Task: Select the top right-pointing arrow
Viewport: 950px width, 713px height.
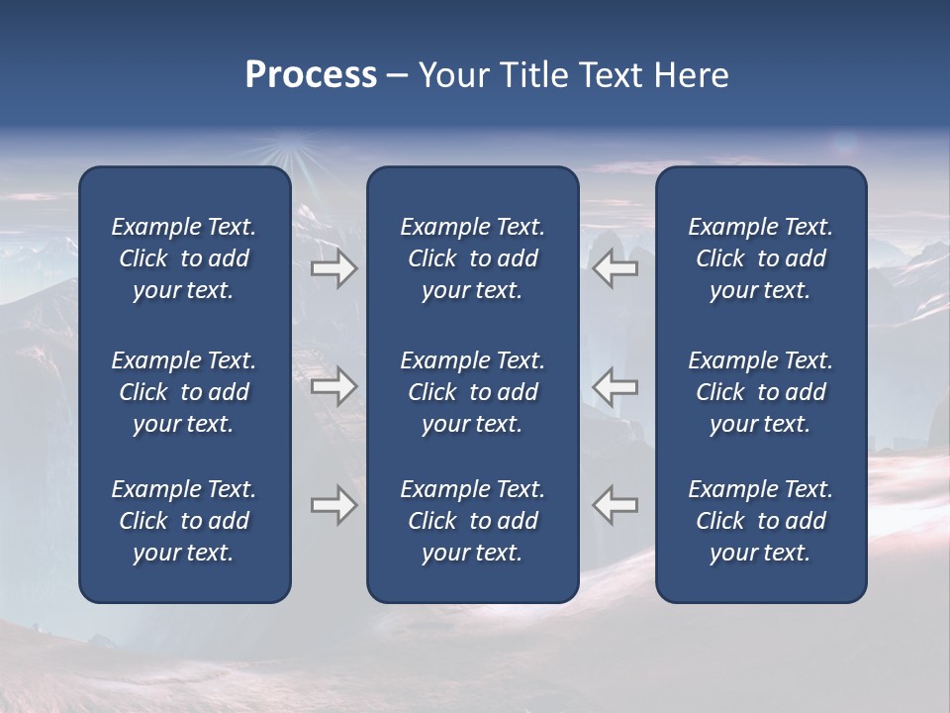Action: tap(333, 268)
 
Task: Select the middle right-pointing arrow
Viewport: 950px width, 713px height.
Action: tap(333, 386)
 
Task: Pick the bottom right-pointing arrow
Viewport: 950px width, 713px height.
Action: tap(333, 505)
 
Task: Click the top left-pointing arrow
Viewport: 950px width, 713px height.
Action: tap(616, 268)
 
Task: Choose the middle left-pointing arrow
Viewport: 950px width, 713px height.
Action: tap(616, 386)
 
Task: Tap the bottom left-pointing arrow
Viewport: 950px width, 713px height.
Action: tap(616, 505)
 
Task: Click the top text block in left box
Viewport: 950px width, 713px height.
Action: tap(184, 258)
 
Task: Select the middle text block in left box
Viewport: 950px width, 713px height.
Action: tap(184, 392)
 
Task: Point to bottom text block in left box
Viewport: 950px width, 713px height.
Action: tap(184, 521)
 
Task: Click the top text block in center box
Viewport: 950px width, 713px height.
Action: tap(472, 258)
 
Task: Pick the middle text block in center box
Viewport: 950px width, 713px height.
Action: tap(472, 392)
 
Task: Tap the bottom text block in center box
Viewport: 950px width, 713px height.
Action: tap(472, 521)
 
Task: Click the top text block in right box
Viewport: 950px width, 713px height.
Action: tap(760, 258)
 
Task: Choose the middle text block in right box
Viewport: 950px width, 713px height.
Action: tap(760, 392)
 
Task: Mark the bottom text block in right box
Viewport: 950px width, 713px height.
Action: tap(760, 521)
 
